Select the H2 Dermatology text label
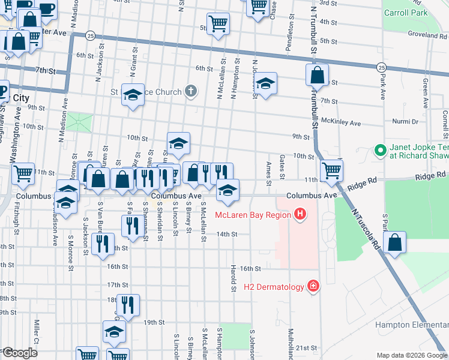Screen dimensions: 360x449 pos(274,287)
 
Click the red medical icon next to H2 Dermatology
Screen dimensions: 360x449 pos(312,286)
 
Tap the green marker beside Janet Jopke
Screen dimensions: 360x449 pos(379,149)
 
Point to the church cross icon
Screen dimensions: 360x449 pos(191,92)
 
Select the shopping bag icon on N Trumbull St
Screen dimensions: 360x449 pos(318,76)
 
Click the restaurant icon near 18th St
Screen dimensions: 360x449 pos(127,305)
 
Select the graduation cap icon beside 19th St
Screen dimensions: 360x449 pos(114,331)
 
